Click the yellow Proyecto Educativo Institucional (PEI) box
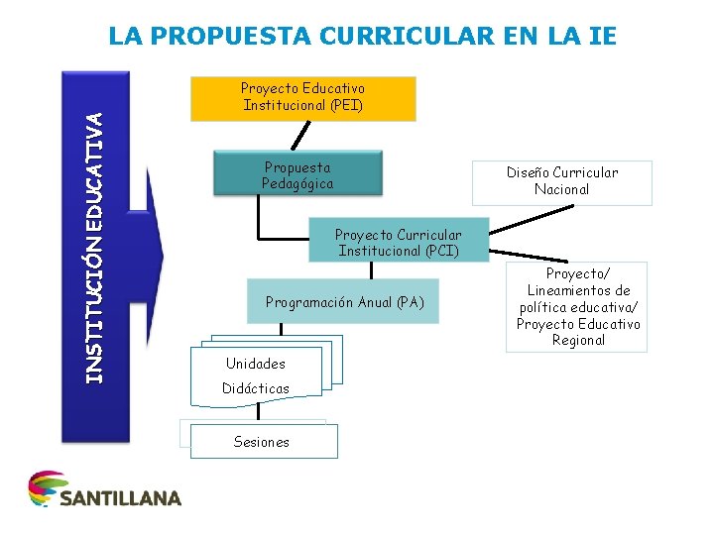[302, 98]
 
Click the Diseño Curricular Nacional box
[561, 181]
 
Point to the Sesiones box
[262, 442]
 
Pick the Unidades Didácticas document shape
[258, 375]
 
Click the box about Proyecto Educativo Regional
[577, 306]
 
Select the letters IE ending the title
[602, 37]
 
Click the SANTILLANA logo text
[120, 497]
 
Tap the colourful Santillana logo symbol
[44, 488]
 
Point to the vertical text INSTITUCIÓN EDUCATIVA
[93, 248]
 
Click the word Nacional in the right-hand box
[561, 189]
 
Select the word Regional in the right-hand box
[578, 340]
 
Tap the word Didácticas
[256, 388]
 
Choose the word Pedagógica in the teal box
[297, 183]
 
